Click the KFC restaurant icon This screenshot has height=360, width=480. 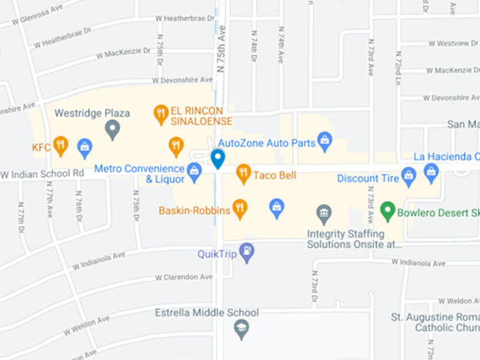61,145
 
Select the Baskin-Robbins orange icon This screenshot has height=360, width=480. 240,208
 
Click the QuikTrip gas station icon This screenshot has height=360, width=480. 246,252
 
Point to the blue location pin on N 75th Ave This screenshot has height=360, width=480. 218,159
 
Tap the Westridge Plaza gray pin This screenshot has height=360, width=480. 112,129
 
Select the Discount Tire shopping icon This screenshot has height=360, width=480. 408,177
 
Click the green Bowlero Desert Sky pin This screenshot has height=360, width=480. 388,209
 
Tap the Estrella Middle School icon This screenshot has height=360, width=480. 241,329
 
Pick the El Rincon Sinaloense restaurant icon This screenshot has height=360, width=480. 161,114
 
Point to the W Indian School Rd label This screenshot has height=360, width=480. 42,173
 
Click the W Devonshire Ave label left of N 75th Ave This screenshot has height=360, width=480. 182,80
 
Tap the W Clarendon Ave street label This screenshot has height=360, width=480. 183,277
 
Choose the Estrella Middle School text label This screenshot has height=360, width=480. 205,312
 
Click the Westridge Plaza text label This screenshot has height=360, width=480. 92,113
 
